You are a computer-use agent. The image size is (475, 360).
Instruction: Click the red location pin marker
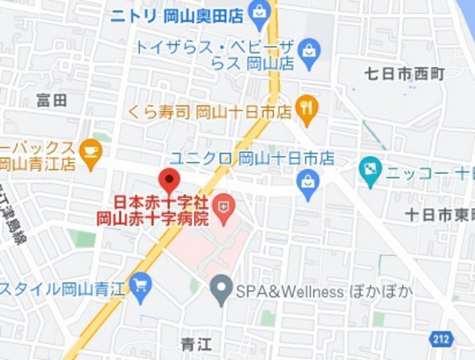[x=169, y=181]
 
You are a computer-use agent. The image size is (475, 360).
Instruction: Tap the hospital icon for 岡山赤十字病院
[x=224, y=205]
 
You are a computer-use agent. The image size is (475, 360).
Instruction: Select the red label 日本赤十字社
[x=161, y=203]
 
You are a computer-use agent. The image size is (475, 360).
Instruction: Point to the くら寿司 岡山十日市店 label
[x=210, y=110]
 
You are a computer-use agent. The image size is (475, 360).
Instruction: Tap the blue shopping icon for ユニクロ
[x=308, y=180]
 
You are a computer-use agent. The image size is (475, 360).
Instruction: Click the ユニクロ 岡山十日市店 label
[x=252, y=159]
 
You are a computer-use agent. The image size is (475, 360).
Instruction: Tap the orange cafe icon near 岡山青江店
[x=91, y=151]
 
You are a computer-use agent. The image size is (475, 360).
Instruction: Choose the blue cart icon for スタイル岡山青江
[x=140, y=283]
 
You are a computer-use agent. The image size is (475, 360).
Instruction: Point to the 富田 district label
[x=52, y=100]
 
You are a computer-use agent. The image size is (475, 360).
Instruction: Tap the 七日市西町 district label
[x=405, y=74]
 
